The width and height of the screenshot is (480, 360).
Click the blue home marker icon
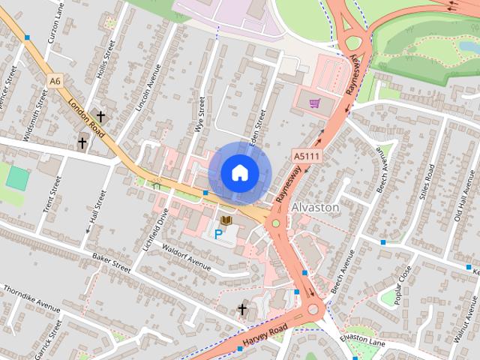click(238, 172)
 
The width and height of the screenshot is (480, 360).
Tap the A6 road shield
click(55, 80)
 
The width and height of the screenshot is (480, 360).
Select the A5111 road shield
click(304, 154)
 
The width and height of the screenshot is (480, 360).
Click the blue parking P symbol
click(218, 234)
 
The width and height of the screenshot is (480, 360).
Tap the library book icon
click(226, 220)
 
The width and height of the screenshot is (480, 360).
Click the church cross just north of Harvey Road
click(242, 309)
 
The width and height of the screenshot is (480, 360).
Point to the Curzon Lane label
click(54, 27)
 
